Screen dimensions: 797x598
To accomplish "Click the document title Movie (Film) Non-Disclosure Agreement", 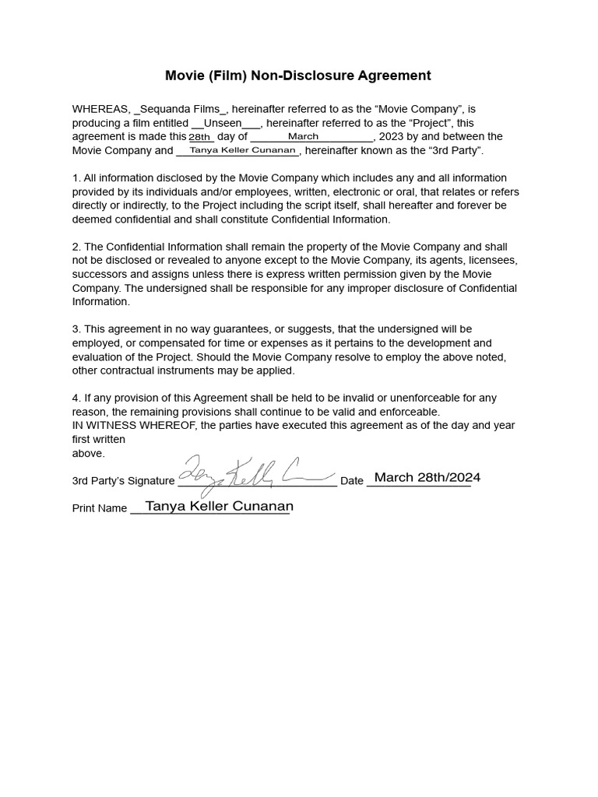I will point(297,75).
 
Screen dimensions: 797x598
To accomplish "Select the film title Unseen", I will point(222,123).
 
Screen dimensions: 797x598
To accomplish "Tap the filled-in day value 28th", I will point(200,137).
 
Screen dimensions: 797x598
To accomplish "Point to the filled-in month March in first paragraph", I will point(303,136).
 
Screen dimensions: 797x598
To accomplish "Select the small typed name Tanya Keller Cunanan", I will point(237,150).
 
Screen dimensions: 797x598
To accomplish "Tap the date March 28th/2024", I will point(427,477).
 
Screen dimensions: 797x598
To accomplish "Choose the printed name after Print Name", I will point(219,506).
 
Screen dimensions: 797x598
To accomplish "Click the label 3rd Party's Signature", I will point(123,481).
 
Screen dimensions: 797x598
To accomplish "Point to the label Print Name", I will point(100,508).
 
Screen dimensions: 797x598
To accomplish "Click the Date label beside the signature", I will point(352,481).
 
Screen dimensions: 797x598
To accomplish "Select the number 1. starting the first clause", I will point(76,178).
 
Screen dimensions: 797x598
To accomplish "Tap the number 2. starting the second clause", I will point(76,247).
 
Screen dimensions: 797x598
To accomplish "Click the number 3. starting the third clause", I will point(76,329).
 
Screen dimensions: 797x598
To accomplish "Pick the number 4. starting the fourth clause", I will point(76,398).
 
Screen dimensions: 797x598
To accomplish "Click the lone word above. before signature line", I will point(88,453).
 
